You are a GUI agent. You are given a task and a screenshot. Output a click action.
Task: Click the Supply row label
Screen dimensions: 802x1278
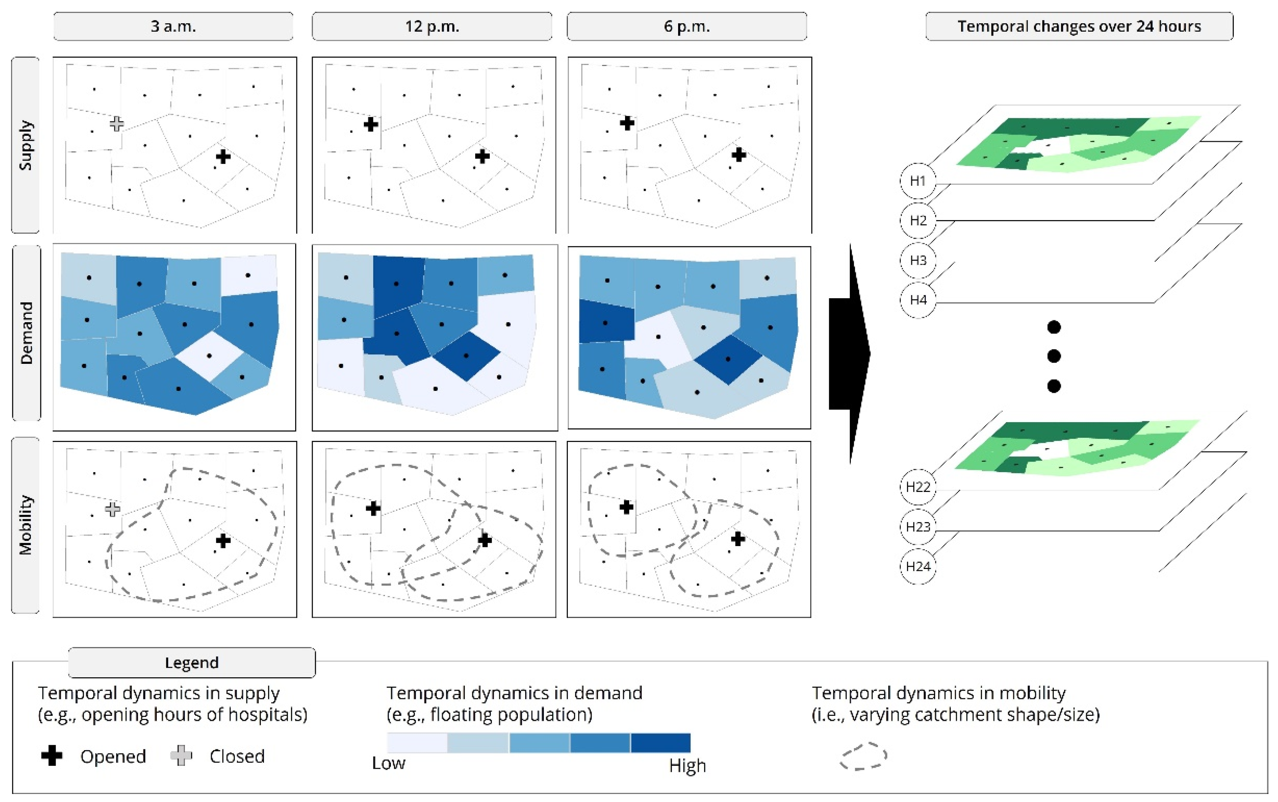[26, 145]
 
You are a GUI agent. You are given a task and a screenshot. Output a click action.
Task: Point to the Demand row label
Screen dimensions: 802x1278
[26, 333]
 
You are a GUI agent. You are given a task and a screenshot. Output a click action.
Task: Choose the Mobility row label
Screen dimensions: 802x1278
[26, 525]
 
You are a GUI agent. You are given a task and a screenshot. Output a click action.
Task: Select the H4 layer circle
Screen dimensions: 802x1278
[918, 300]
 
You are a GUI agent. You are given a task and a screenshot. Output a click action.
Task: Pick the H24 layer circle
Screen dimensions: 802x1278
[918, 566]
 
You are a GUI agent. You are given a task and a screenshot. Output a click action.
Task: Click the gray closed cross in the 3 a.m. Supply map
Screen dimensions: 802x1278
[117, 124]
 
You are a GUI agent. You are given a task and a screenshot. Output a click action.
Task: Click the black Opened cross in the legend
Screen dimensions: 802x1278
[52, 755]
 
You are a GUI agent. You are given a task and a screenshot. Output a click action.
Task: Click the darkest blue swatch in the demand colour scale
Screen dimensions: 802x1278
[660, 743]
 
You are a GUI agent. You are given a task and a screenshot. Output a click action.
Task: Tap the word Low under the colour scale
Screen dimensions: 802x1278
[389, 763]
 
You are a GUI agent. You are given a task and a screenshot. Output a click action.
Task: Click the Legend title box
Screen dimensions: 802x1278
[192, 662]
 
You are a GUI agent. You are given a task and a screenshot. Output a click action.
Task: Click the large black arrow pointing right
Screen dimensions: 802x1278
[849, 354]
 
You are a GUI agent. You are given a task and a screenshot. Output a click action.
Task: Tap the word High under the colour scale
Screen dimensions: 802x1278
[687, 765]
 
